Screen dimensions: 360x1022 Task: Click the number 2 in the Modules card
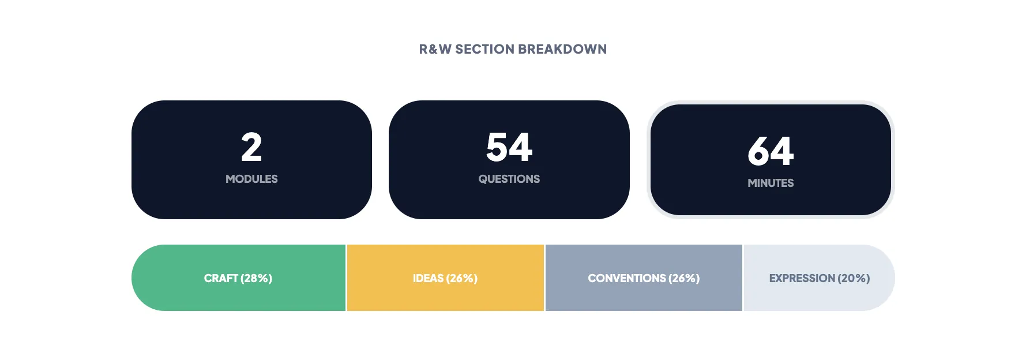point(251,148)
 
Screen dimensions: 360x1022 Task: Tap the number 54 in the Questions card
point(509,148)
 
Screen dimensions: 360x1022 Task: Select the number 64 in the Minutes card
point(771,152)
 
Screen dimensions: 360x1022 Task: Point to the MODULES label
point(251,179)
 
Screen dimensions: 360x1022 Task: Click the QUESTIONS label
point(509,179)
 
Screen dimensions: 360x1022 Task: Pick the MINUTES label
point(771,183)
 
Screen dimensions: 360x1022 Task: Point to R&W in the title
point(435,49)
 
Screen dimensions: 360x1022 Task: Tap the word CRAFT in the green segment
point(221,278)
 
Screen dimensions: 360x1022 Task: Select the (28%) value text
point(257,278)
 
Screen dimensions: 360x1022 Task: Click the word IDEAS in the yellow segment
point(428,278)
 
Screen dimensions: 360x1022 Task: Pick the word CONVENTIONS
point(627,278)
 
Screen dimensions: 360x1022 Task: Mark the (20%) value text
point(854,278)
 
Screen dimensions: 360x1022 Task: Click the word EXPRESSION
point(802,278)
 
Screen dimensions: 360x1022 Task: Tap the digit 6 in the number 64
point(759,152)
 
